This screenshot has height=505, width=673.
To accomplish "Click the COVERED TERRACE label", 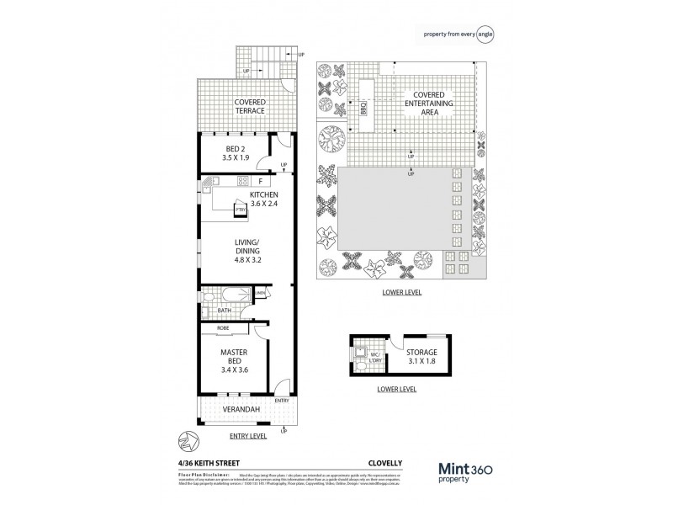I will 250,106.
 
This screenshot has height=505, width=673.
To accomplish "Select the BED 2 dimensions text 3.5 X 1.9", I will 223,157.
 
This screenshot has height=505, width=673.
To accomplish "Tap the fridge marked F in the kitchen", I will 262,181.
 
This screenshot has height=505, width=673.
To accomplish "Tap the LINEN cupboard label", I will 262,293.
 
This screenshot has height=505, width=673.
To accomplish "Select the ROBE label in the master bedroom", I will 224,327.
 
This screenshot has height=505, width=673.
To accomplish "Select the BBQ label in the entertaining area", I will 363,109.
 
